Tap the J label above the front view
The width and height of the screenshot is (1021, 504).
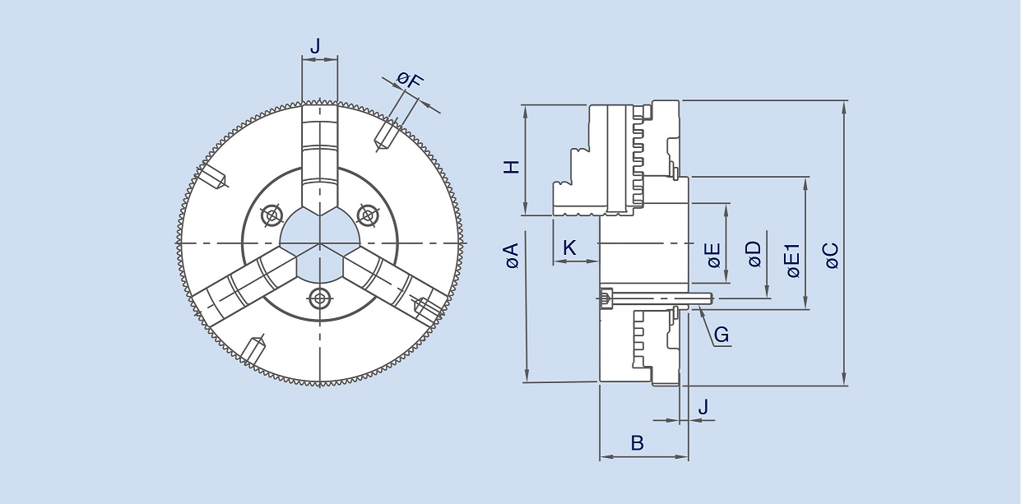coord(315,47)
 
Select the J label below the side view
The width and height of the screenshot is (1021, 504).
coord(703,406)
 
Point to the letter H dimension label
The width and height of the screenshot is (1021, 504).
coord(512,166)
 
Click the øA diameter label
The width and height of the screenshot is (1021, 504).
coord(512,256)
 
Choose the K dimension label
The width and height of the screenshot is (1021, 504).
coord(569,247)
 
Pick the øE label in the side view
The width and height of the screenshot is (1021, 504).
coord(713,256)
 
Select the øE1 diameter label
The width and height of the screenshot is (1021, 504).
coord(792,260)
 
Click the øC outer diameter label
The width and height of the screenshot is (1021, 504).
coord(831,256)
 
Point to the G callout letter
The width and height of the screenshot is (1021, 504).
coord(721,335)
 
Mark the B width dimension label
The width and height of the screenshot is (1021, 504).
coord(637,443)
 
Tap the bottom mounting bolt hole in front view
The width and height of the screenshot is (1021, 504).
coord(319,297)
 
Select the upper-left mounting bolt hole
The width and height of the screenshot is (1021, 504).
coord(271,215)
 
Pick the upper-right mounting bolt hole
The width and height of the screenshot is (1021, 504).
coord(367,215)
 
